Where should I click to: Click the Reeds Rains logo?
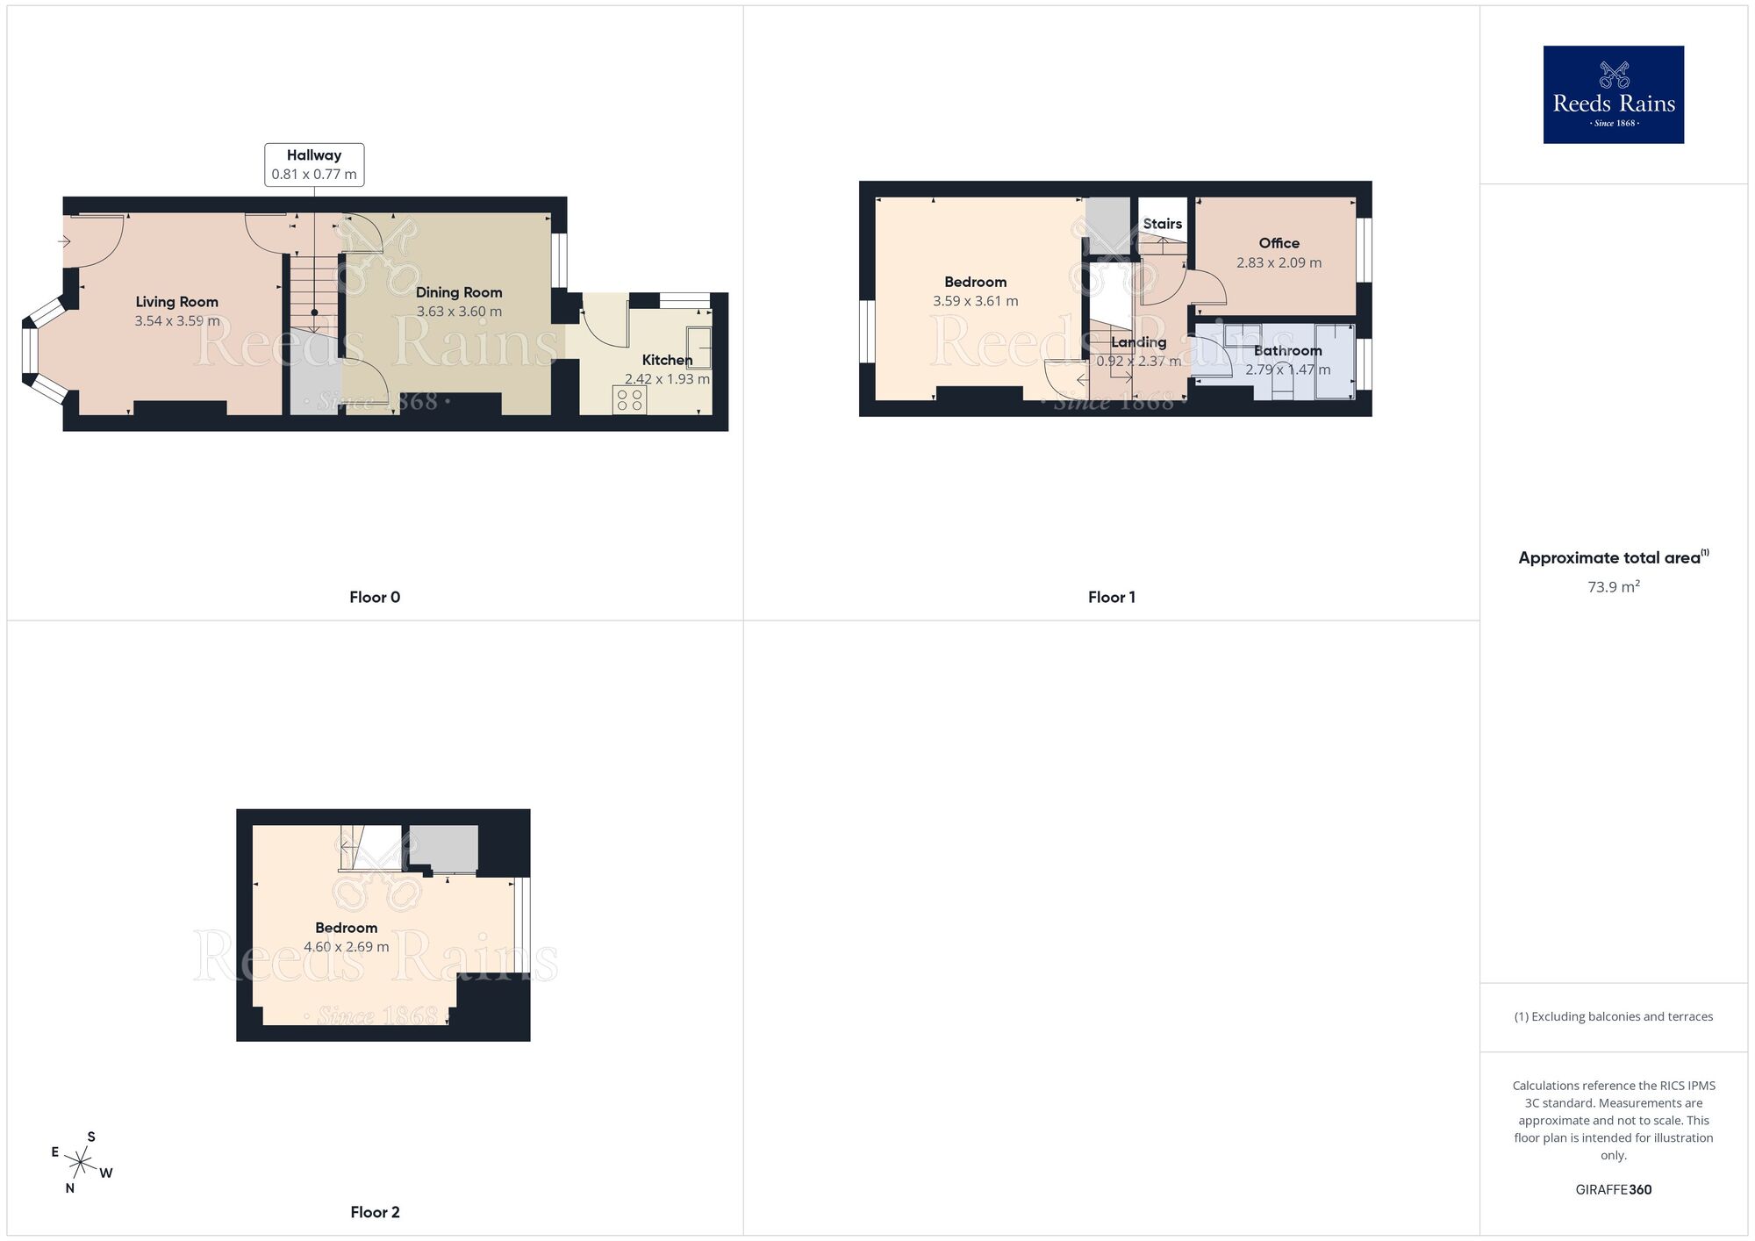pyautogui.click(x=1613, y=95)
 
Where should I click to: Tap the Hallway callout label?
pyautogui.click(x=314, y=164)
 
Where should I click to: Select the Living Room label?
pyautogui.click(x=176, y=302)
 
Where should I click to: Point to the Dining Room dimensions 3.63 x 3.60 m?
pyautogui.click(x=459, y=312)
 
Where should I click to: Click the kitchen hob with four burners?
pyautogui.click(x=629, y=400)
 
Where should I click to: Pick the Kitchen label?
pyautogui.click(x=667, y=360)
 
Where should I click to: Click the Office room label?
pyautogui.click(x=1279, y=243)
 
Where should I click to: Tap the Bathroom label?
pyautogui.click(x=1287, y=351)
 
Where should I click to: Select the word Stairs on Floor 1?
pyautogui.click(x=1162, y=224)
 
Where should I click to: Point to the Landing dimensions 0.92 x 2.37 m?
pyautogui.click(x=1138, y=362)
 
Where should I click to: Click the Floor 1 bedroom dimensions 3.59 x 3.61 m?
pyautogui.click(x=975, y=301)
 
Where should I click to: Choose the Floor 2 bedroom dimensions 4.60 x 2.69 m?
pyautogui.click(x=346, y=947)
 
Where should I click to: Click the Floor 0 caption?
pyautogui.click(x=375, y=598)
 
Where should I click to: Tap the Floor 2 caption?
pyautogui.click(x=375, y=1212)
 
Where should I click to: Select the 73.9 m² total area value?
pyautogui.click(x=1613, y=587)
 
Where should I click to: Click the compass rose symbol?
pyautogui.click(x=81, y=1164)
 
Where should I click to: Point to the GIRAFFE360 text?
pyautogui.click(x=1613, y=1190)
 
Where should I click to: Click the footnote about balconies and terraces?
pyautogui.click(x=1613, y=1016)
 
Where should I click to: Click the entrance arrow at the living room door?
pyautogui.click(x=66, y=241)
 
